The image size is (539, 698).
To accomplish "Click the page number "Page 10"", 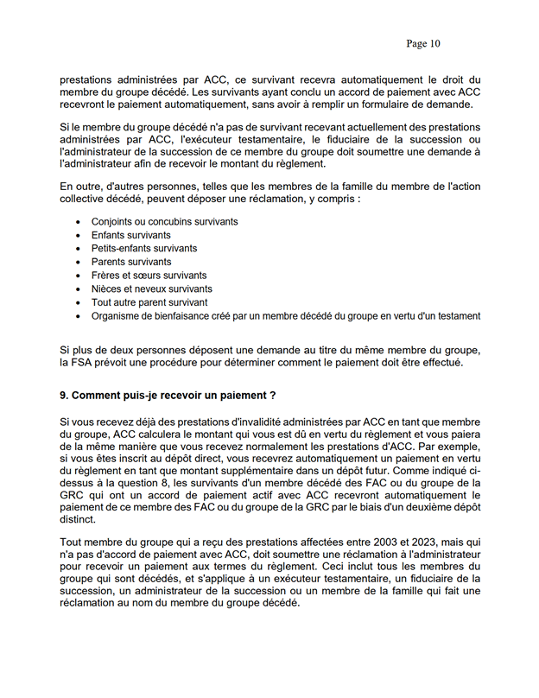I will (x=422, y=43).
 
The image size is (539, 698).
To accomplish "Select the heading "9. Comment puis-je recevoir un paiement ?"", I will (x=168, y=396).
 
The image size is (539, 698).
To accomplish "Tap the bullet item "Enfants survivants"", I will (x=130, y=235).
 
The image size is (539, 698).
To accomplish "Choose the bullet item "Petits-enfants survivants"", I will (x=144, y=249).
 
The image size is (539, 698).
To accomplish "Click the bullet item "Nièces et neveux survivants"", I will (x=151, y=289).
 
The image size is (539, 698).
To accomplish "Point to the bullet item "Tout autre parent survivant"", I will (x=149, y=302).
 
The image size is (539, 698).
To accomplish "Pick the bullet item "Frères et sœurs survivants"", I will (x=149, y=276).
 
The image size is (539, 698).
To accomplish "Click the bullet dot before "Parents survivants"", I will (x=79, y=262).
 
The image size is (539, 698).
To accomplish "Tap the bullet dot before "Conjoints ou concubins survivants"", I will (x=79, y=222).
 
